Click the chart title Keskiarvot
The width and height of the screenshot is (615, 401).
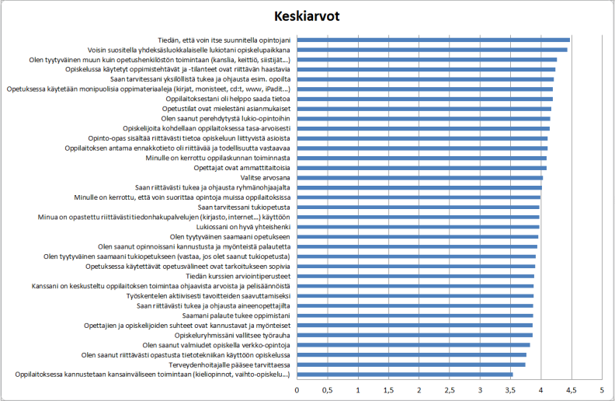(x=307, y=16)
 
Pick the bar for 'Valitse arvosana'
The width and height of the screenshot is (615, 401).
(x=419, y=177)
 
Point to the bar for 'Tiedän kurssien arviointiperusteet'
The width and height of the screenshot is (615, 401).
(x=415, y=276)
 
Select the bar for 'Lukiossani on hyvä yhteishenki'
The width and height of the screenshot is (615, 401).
(x=418, y=227)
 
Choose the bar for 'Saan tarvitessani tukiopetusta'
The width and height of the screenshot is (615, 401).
(x=418, y=207)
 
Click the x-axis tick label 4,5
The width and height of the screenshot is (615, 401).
(x=572, y=389)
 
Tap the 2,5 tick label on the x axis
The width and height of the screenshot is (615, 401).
(x=450, y=389)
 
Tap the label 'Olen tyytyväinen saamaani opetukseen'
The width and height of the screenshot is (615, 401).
(x=231, y=236)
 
